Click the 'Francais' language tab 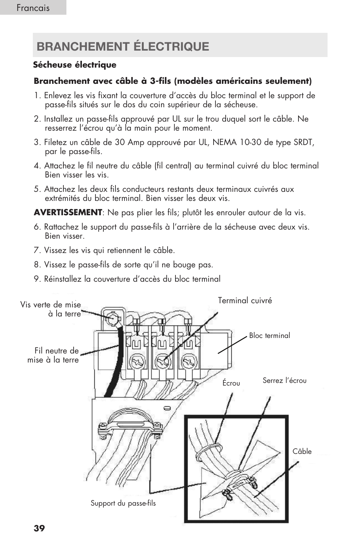point(33,8)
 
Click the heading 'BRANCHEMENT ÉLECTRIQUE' point(123,46)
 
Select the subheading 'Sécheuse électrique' point(74,65)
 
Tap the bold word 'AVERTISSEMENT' point(68,213)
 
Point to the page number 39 point(39,528)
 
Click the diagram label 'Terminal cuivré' point(245,301)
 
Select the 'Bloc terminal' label point(269,336)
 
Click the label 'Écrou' point(231,383)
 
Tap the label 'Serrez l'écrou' point(285,381)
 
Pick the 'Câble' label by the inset point(302,451)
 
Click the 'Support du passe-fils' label point(123,503)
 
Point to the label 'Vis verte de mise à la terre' point(51,309)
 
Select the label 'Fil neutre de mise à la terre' point(53,355)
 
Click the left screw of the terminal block point(136,363)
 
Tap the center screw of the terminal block point(162,363)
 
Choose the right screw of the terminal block point(188,363)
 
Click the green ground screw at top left point(112,318)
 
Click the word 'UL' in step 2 point(177,119)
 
